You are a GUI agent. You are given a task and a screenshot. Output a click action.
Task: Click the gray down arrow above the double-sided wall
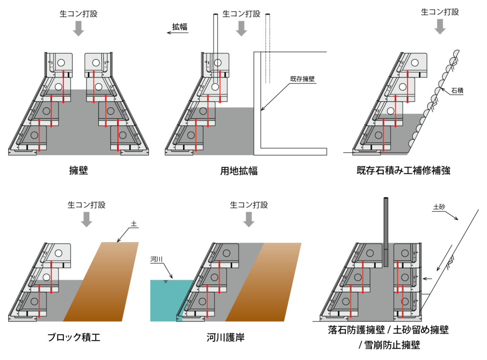78,29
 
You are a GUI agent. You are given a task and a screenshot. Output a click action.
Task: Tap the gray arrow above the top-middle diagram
241,29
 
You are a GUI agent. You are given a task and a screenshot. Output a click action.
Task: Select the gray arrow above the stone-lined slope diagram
440,27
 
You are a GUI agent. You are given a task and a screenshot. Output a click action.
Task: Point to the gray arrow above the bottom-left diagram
87,220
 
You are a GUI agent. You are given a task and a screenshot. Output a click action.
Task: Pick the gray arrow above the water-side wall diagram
249,220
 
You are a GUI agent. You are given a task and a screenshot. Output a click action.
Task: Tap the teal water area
164,302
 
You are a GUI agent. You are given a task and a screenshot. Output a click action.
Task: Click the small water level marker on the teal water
166,282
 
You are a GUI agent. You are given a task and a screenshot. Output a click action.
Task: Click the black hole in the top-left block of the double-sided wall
61,63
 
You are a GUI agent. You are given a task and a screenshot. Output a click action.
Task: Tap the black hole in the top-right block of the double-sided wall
96,63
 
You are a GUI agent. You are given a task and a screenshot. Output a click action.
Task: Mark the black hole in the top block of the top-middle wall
218,63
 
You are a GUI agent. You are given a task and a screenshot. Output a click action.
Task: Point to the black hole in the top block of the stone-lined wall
415,63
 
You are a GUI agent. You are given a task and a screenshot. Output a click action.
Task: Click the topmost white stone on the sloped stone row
457,54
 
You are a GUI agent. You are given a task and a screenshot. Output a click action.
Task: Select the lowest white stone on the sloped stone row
412,143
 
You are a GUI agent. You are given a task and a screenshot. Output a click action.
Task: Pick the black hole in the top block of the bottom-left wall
58,253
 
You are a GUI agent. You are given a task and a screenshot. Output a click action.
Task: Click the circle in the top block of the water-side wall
226,253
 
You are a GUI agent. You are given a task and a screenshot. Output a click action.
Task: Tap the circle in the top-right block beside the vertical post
405,253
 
